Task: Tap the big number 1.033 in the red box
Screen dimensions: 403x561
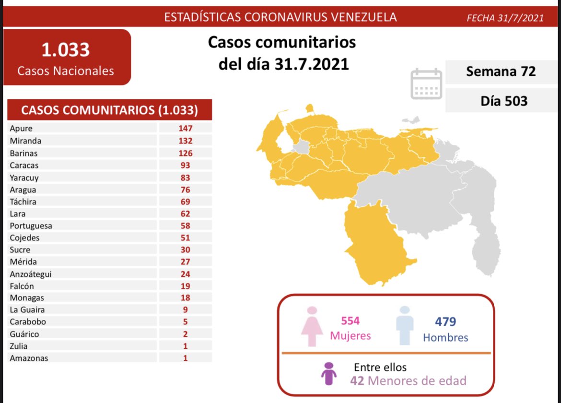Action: (66, 50)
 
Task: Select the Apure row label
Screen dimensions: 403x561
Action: (21, 129)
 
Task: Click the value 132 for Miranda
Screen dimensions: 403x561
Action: (185, 141)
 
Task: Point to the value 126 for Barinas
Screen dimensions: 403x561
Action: (185, 154)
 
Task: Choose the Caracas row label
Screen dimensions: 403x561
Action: (23, 166)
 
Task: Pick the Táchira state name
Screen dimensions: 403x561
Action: (23, 202)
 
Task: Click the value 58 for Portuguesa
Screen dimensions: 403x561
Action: (185, 225)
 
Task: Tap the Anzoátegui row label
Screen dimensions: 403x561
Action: (30, 274)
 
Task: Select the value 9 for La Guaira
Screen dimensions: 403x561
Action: (185, 310)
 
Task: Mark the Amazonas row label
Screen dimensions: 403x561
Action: (28, 358)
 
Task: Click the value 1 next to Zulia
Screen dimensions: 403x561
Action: (185, 346)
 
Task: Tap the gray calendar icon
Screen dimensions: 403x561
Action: (426, 83)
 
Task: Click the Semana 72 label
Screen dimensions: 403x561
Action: (501, 72)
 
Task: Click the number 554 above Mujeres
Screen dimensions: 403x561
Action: (351, 321)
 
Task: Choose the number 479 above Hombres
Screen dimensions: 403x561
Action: (445, 321)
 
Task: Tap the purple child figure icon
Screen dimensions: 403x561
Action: (328, 373)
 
